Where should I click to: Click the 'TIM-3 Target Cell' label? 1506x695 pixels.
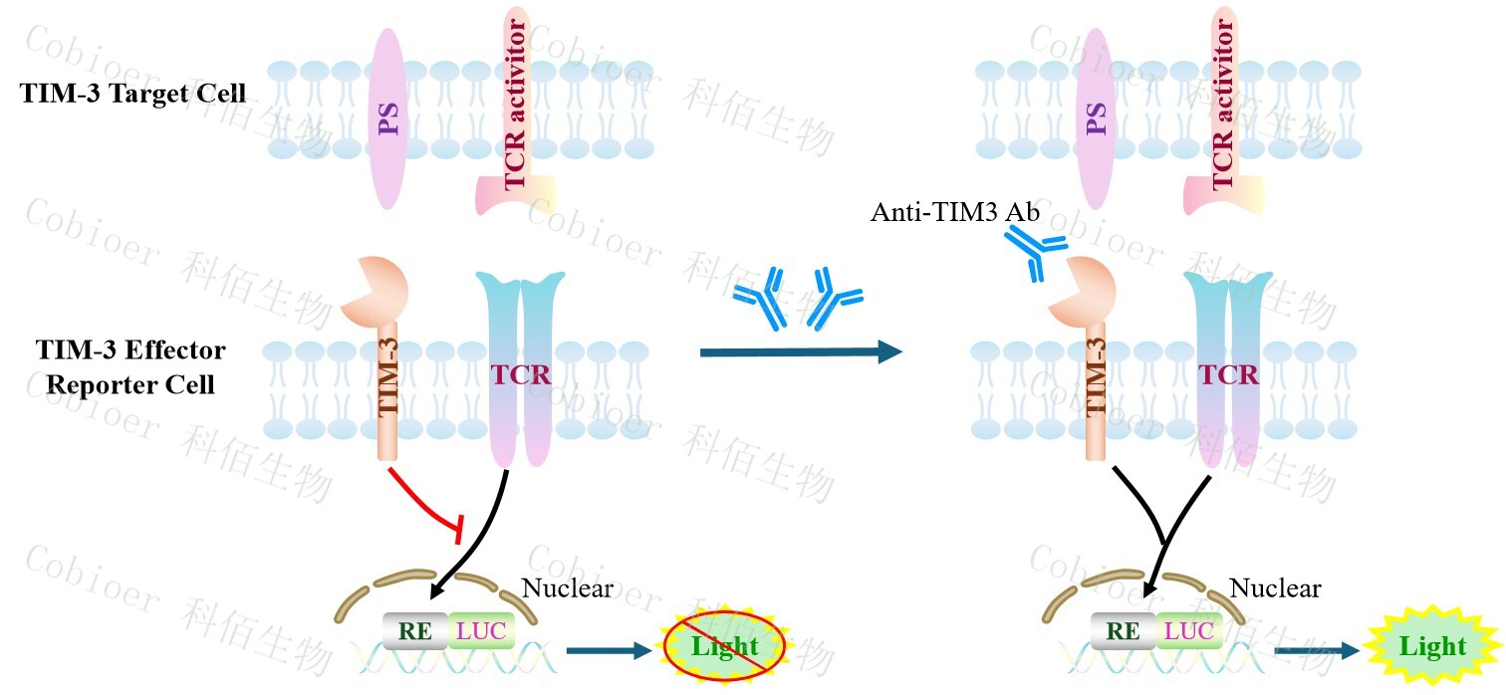(132, 94)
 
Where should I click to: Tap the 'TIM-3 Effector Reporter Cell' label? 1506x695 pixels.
(130, 366)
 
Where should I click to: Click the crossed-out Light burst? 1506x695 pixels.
(724, 646)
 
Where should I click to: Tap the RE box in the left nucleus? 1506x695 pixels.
(414, 630)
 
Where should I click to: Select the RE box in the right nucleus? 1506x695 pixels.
(1123, 630)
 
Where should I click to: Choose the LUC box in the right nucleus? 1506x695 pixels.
(1189, 630)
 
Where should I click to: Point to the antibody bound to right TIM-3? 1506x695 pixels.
(1034, 251)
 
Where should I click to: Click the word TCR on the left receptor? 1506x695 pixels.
(520, 374)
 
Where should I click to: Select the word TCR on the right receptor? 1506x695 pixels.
(1228, 374)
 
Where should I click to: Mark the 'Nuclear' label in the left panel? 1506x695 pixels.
(568, 588)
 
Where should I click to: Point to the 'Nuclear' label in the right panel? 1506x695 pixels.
(1275, 588)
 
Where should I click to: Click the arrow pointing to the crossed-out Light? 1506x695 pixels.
(607, 651)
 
